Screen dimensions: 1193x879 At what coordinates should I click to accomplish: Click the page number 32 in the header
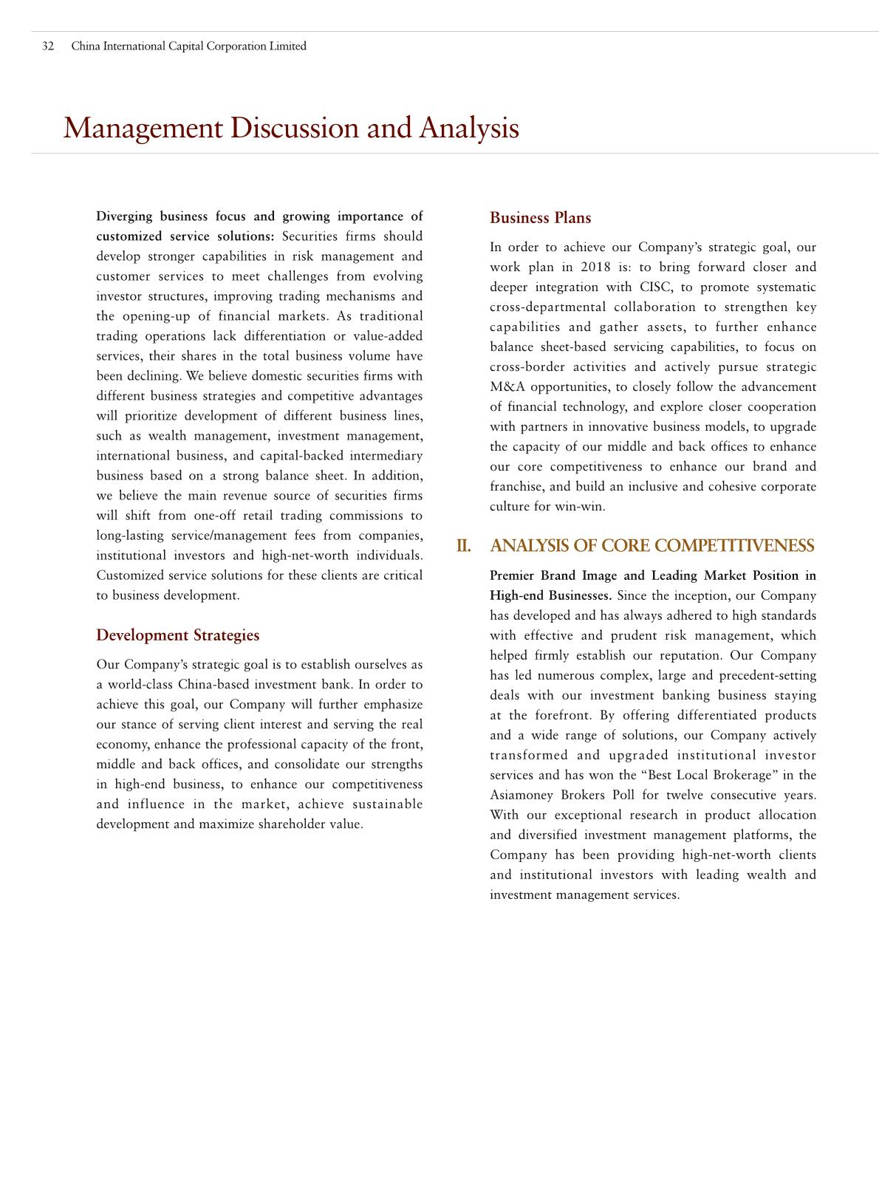(48, 47)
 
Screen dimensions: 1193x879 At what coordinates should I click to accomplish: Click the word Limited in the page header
(289, 47)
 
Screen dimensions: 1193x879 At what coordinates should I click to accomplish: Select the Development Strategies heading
(177, 635)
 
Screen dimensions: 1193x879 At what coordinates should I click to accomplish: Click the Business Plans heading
(540, 218)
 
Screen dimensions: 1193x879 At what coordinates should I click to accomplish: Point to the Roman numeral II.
(463, 546)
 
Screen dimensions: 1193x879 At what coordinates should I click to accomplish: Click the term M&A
(507, 387)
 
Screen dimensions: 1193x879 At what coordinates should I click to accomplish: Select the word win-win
(583, 507)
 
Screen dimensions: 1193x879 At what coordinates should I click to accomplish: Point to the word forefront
(561, 715)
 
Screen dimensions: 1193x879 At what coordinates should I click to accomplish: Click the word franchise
(516, 487)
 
